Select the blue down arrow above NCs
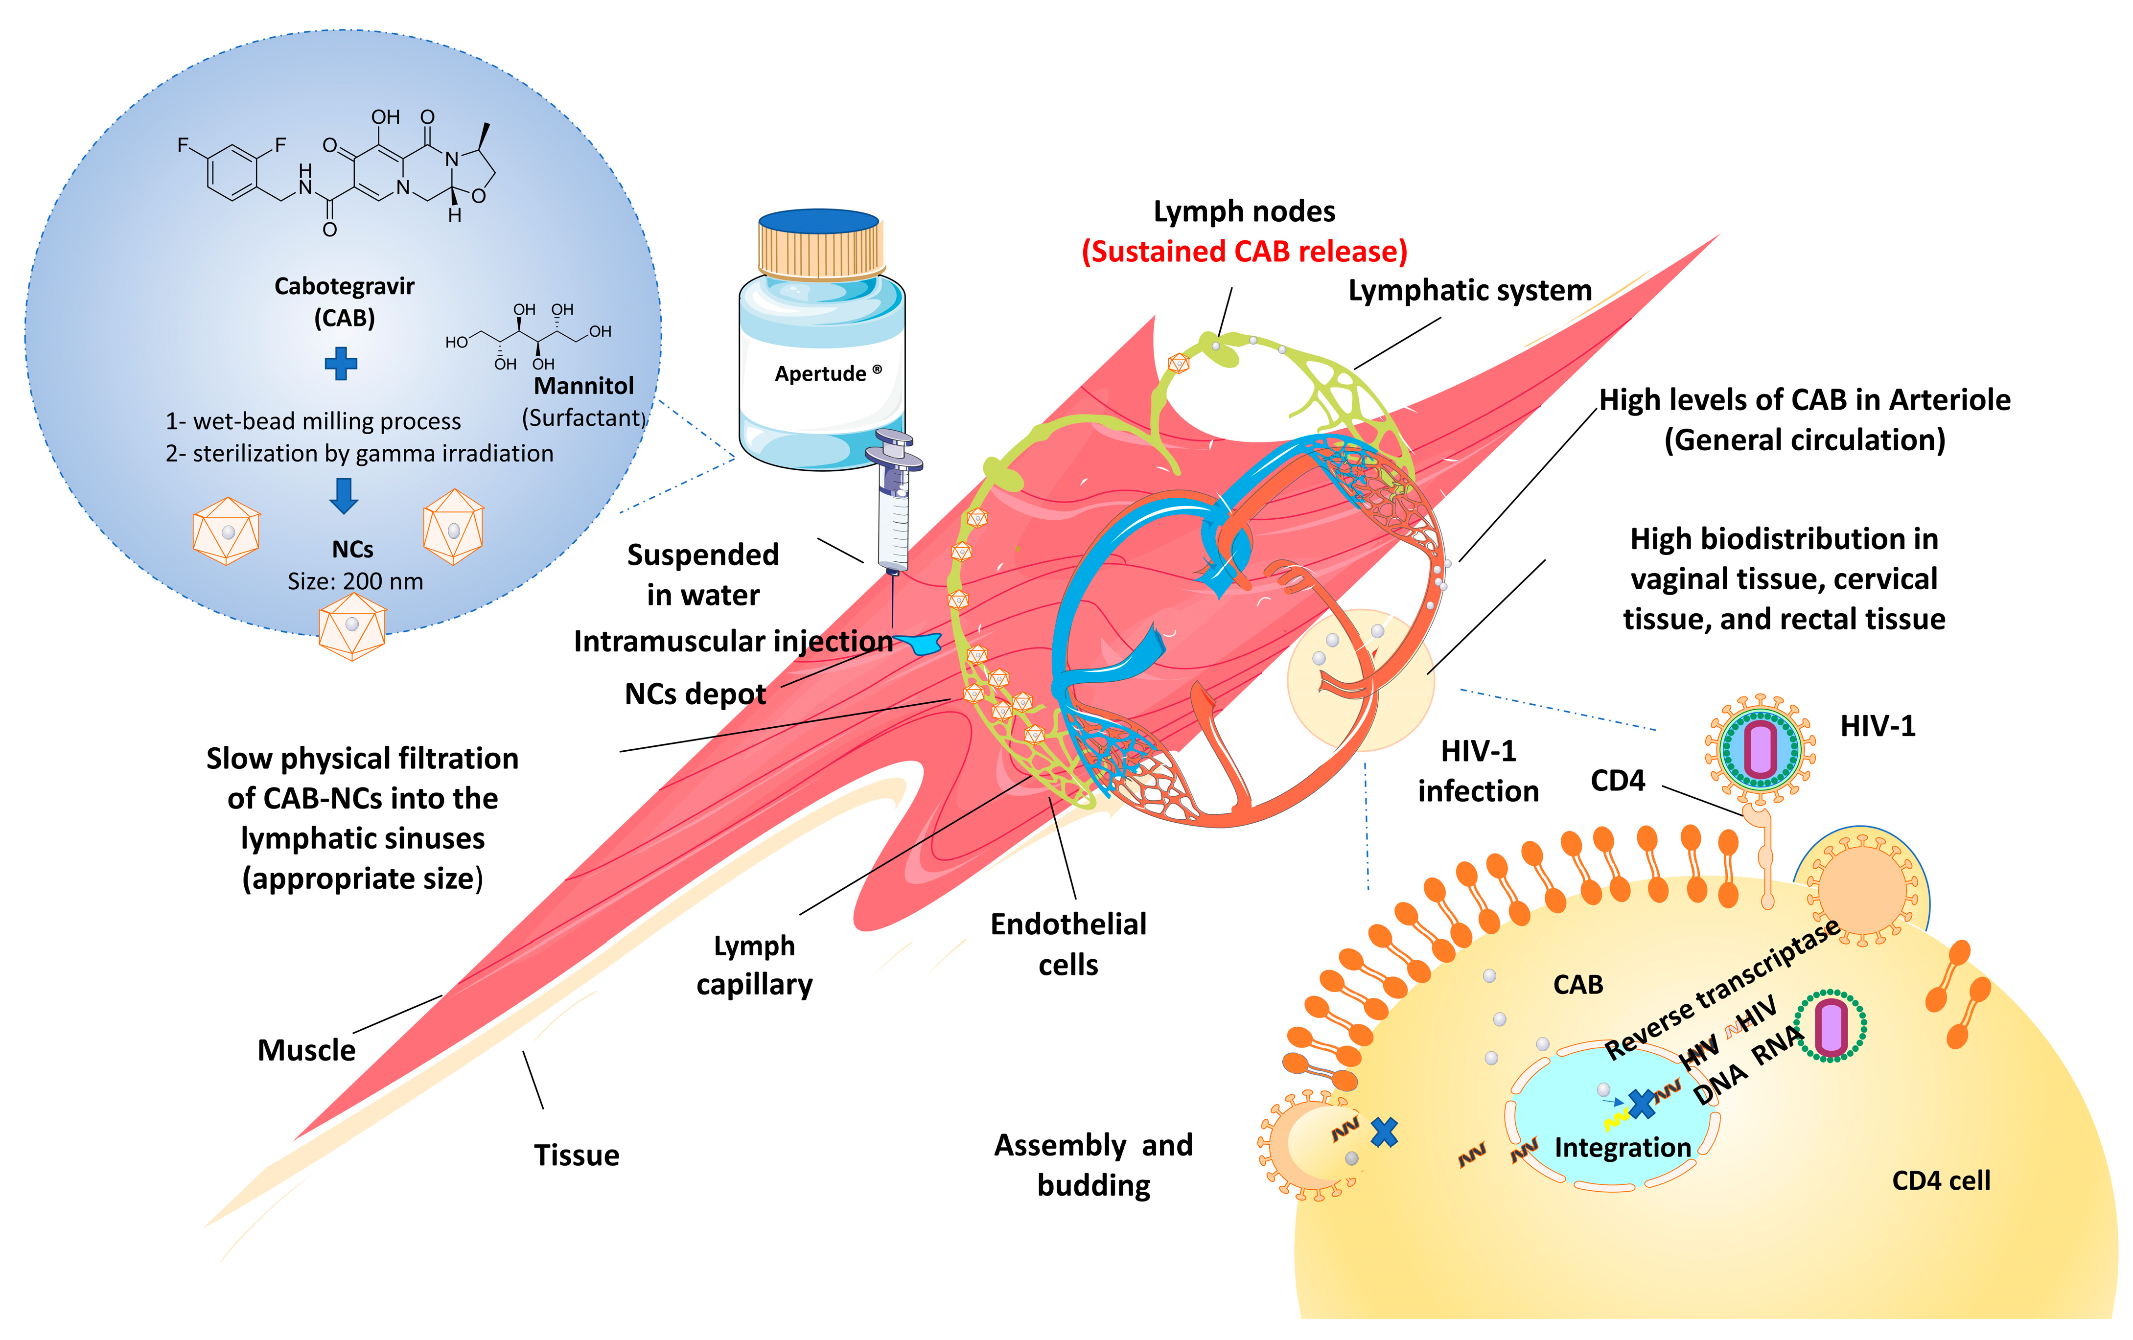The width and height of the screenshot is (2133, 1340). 344,495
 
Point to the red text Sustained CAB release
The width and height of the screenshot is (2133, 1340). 1244,252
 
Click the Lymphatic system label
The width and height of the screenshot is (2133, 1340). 1469,291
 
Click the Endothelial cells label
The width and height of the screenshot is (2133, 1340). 1068,944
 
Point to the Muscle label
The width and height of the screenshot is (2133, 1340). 306,1050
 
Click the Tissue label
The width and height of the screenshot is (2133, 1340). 577,1156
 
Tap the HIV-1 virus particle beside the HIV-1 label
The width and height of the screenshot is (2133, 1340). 1760,748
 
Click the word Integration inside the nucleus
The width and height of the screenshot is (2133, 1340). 1623,1148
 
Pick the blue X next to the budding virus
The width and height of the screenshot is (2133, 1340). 1385,1133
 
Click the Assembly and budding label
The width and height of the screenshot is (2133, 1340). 1094,1165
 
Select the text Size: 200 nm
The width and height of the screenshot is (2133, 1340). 355,582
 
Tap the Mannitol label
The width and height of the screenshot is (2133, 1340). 584,386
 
